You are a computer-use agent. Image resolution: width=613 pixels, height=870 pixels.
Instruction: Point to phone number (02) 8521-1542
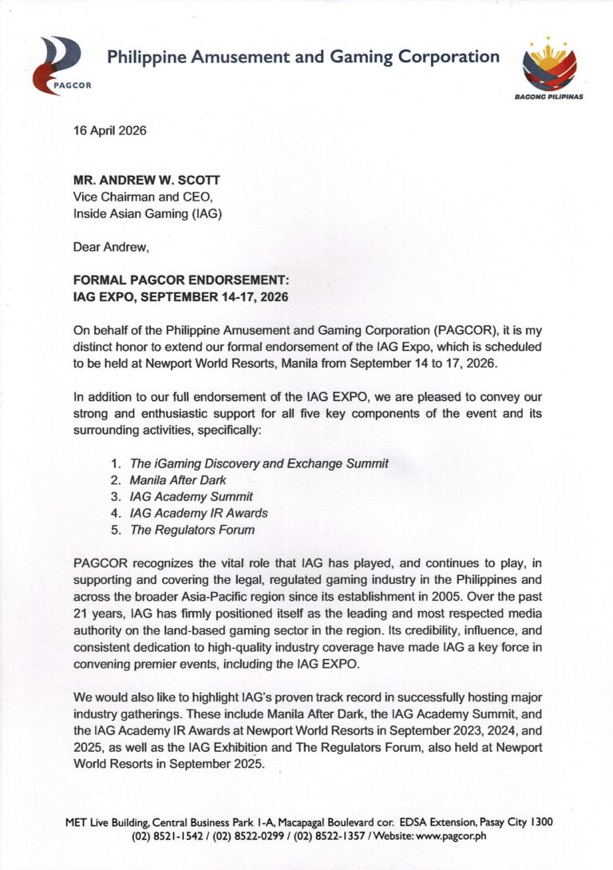[x=166, y=836]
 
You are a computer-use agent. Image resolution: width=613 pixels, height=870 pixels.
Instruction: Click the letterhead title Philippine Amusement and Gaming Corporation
[x=303, y=57]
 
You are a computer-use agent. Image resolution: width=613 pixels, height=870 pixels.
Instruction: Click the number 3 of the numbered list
[x=116, y=497]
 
